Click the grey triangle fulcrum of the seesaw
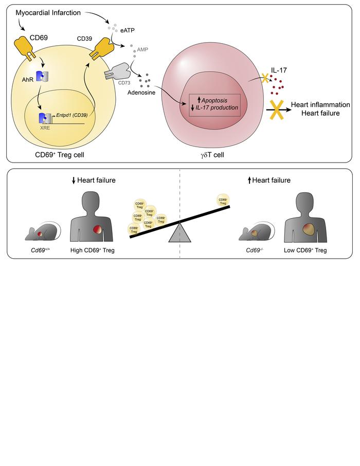point(178,232)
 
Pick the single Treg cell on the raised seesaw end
point(222,201)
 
